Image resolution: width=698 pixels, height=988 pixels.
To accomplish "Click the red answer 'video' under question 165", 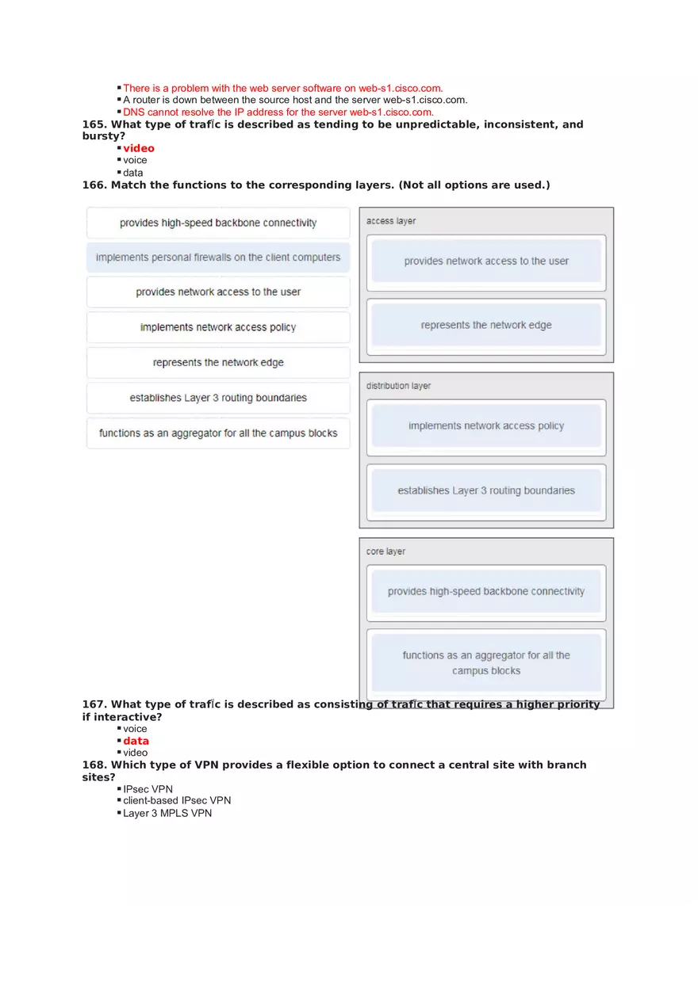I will click(x=139, y=148).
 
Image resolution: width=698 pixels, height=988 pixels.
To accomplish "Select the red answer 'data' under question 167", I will click(x=136, y=741).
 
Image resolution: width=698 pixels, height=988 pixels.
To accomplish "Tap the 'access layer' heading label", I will click(x=391, y=221).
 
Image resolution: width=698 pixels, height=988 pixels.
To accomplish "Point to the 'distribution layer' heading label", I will click(x=398, y=386).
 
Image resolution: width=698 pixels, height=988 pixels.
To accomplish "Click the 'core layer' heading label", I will click(x=386, y=551).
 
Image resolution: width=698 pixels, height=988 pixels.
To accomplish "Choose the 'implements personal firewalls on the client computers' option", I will click(x=218, y=257).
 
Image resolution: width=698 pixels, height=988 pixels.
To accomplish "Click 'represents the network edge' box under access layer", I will click(x=486, y=325).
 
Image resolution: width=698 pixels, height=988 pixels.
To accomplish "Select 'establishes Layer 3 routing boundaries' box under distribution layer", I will click(x=486, y=490).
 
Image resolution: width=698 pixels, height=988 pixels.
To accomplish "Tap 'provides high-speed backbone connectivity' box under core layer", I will click(x=486, y=591).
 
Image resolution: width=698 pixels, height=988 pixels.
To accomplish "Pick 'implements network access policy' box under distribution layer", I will click(x=486, y=425).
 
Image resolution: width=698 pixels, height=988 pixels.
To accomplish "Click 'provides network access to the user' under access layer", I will click(x=486, y=261).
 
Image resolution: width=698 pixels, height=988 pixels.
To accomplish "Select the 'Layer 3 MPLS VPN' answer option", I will click(x=167, y=813).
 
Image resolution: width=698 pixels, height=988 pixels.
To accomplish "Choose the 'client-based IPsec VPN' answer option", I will click(x=177, y=801).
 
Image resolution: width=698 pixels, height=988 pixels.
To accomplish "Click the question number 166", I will click(x=94, y=185).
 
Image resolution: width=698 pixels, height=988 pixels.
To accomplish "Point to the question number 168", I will click(x=94, y=765).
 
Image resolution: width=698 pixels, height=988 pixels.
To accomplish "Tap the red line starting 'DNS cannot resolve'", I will click(x=278, y=112).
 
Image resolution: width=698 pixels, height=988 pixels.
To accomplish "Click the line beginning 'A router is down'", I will click(x=295, y=100).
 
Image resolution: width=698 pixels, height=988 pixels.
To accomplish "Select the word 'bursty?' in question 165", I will click(x=104, y=136).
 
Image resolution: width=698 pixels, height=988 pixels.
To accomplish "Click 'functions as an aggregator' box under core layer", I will click(x=486, y=662).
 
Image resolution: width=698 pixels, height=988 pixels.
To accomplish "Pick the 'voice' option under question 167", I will click(x=135, y=729).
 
